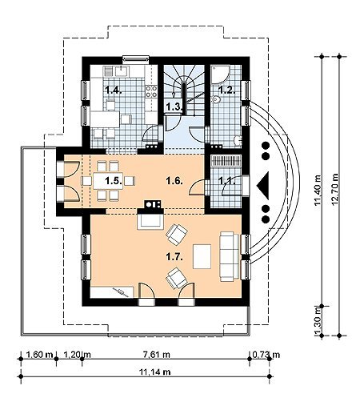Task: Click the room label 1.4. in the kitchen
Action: [114, 90]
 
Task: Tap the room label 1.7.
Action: [174, 257]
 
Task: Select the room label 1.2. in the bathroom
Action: [227, 90]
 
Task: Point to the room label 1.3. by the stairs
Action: [174, 107]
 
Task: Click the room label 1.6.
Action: [174, 181]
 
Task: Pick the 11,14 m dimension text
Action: [154, 372]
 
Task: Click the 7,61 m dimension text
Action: [157, 355]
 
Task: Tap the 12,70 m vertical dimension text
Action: [335, 189]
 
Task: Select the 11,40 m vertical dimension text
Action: [318, 190]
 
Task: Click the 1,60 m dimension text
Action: [40, 355]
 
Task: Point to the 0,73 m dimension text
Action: [266, 355]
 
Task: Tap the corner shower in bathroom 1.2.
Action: [219, 74]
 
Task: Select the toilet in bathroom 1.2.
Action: [216, 99]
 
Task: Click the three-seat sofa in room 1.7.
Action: [230, 256]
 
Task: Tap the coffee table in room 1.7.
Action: [202, 256]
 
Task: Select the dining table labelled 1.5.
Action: [108, 181]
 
